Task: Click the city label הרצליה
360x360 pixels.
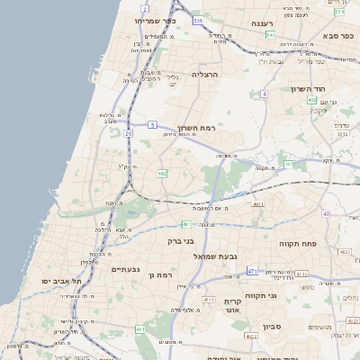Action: [x=205, y=75]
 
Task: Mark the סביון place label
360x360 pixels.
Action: [x=273, y=327]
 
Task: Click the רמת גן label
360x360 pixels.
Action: [x=159, y=274]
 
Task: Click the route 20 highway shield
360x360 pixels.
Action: [x=129, y=133]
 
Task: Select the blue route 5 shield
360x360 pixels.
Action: [x=153, y=124]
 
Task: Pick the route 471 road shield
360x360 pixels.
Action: [x=252, y=271]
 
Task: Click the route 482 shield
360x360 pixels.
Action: [x=162, y=172]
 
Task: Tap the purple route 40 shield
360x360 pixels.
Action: [x=326, y=213]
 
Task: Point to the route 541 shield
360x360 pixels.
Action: [x=270, y=35]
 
